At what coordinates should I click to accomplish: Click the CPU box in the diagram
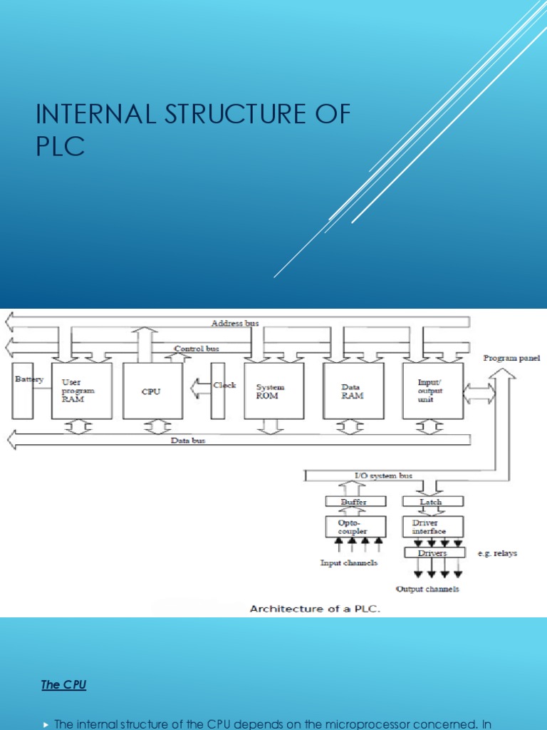[152, 391]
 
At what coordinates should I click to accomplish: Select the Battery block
[23, 391]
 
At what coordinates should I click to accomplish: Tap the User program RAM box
[81, 391]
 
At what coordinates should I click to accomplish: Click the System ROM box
[273, 391]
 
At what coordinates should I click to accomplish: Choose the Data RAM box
[353, 391]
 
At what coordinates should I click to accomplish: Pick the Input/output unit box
[432, 391]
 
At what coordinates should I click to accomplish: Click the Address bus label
[235, 323]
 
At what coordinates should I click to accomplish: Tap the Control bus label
[197, 349]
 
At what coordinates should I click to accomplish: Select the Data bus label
[188, 441]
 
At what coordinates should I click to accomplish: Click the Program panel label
[511, 358]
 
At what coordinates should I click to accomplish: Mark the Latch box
[430, 502]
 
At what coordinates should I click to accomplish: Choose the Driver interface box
[430, 527]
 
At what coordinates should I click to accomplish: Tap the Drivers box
[434, 552]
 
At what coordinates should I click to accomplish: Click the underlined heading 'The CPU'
[63, 684]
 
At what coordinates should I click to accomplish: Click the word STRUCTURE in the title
[213, 114]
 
